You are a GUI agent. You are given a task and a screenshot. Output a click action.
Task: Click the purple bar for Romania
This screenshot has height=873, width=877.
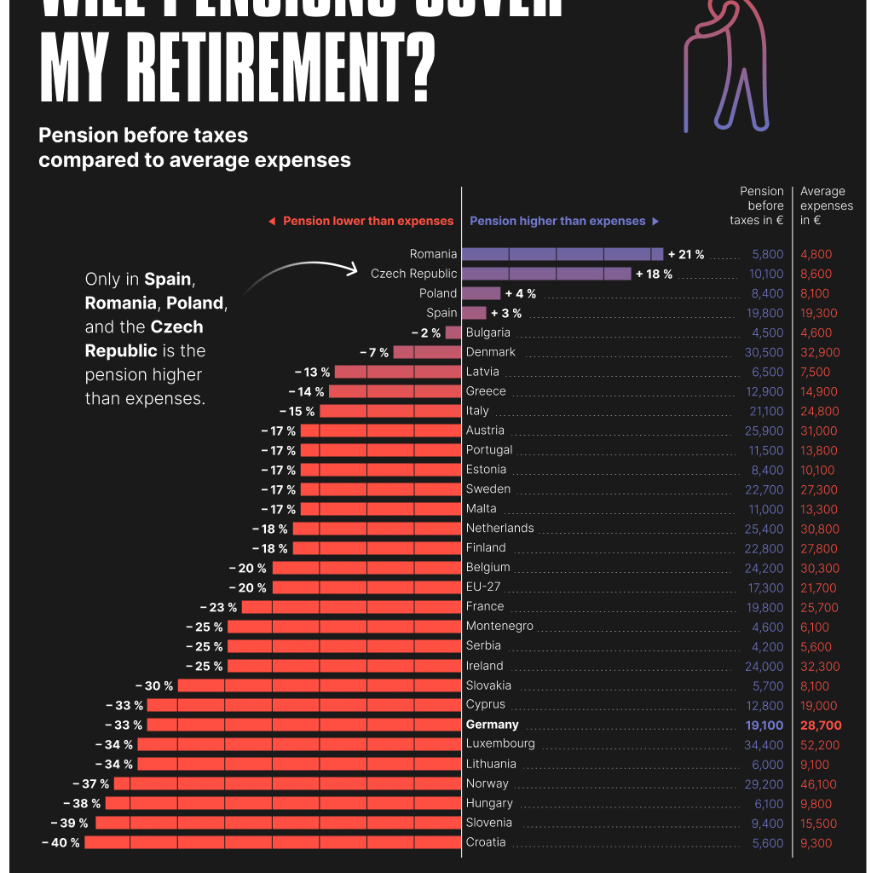563,254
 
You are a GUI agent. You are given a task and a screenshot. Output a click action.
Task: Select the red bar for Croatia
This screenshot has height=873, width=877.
273,842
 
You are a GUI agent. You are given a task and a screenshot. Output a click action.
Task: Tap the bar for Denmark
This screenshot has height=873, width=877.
427,352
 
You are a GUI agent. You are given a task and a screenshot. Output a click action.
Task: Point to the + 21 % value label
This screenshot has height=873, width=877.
686,254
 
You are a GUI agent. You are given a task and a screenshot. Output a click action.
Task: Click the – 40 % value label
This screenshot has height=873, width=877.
61,842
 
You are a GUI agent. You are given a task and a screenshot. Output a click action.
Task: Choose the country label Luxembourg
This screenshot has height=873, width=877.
500,743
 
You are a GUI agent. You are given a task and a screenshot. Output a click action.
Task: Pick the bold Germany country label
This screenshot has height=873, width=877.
493,725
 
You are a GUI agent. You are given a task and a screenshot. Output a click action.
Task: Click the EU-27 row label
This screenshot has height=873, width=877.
484,587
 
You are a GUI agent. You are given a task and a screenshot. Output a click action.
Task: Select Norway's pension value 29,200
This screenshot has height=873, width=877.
764,783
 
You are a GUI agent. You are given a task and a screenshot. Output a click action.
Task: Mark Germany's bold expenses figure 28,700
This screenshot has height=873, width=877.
821,725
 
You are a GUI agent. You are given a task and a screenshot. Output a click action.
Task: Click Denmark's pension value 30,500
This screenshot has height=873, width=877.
764,352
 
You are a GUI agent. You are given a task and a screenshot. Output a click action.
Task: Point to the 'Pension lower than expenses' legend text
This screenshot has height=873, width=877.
368,221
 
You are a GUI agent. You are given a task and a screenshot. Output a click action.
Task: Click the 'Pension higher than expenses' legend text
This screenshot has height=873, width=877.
558,221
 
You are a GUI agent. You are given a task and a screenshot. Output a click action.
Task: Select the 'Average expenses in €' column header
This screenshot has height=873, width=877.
826,205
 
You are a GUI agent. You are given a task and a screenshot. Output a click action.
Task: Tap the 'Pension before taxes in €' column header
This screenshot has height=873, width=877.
758,205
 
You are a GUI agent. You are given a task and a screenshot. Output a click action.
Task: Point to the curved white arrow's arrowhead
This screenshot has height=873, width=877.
353,270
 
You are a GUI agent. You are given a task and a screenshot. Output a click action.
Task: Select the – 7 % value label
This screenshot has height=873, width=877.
374,352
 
